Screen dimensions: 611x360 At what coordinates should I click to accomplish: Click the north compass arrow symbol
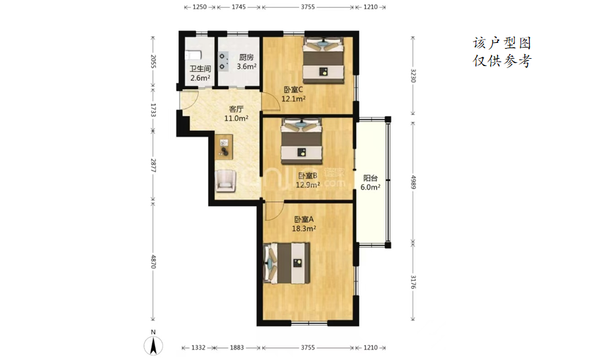pos(153,346)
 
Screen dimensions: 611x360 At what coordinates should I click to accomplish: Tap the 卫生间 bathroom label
pos(200,69)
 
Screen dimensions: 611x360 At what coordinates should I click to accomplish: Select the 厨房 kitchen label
pos(246,57)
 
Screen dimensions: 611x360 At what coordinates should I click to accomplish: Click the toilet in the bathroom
pos(193,55)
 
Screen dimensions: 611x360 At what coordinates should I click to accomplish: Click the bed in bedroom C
pos(324,60)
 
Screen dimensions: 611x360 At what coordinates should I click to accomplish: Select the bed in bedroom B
pos(302,141)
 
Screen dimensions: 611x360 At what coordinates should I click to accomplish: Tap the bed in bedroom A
pos(287,263)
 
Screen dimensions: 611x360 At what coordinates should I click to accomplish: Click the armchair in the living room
pos(226,181)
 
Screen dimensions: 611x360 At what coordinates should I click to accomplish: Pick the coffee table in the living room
pos(224,147)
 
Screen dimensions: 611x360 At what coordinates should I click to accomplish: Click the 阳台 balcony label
pos(370,178)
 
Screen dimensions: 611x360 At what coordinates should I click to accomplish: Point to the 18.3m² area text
pos(304,229)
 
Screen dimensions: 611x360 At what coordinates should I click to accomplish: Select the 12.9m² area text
pos(308,185)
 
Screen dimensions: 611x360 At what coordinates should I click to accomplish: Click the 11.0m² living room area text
pos(236,118)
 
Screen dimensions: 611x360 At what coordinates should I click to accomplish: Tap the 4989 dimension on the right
pos(413,182)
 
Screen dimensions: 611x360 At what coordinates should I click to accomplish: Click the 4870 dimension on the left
pos(153,261)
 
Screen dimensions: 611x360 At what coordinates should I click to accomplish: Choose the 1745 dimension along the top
pos(238,7)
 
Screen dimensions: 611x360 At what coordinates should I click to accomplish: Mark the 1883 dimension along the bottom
pos(236,347)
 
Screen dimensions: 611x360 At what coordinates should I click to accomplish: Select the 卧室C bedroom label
pos(293,90)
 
